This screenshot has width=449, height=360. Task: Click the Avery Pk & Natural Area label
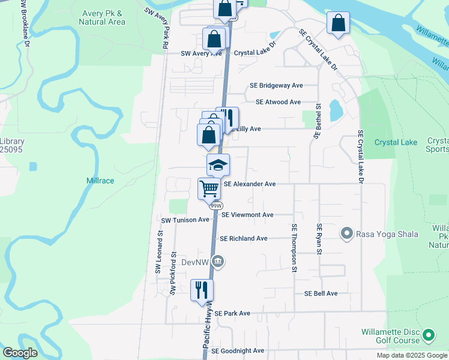pyautogui.click(x=102, y=17)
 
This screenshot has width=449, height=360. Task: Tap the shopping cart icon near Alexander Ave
pyautogui.click(x=209, y=188)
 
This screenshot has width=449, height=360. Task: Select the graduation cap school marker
pyautogui.click(x=218, y=164)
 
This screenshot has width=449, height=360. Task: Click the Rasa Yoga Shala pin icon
pyautogui.click(x=346, y=233)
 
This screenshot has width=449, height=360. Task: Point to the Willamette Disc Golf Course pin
pyautogui.click(x=429, y=335)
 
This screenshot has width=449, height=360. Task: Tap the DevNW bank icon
pyautogui.click(x=218, y=261)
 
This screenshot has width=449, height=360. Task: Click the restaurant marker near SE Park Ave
pyautogui.click(x=202, y=290)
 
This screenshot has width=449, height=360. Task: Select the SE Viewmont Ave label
pyautogui.click(x=247, y=215)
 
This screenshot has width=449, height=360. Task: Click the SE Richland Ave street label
pyautogui.click(x=243, y=238)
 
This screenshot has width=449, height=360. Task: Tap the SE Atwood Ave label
pyautogui.click(x=278, y=103)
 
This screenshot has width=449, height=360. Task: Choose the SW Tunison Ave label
pyautogui.click(x=185, y=220)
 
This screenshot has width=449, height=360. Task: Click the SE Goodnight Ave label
pyautogui.click(x=238, y=350)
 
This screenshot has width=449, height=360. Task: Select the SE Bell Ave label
pyautogui.click(x=321, y=293)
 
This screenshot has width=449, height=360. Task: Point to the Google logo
pyautogui.click(x=20, y=352)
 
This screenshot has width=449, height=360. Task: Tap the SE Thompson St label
pyautogui.click(x=295, y=248)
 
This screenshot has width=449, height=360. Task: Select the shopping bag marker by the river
pyautogui.click(x=338, y=23)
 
